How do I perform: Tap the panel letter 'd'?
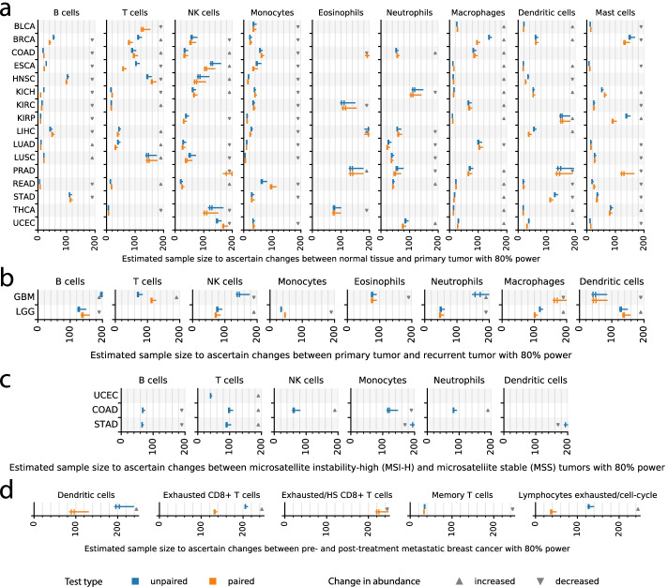click(x=7, y=491)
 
